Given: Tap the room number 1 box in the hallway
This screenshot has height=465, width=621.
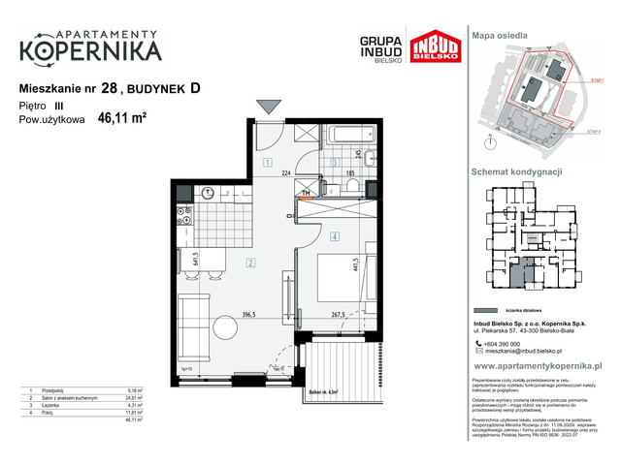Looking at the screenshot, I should click(x=267, y=163).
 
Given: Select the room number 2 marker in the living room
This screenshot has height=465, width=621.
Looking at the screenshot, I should click(x=249, y=263).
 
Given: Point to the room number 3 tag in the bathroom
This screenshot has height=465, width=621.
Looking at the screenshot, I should click(x=332, y=162).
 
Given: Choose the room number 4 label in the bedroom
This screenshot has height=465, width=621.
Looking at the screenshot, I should click(x=333, y=235).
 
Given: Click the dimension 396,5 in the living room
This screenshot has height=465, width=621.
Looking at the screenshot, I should click(x=248, y=315).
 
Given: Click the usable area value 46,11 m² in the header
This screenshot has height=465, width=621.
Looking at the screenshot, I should click(x=121, y=120).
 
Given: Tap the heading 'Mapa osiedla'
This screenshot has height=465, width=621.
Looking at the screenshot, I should click(x=500, y=35).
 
